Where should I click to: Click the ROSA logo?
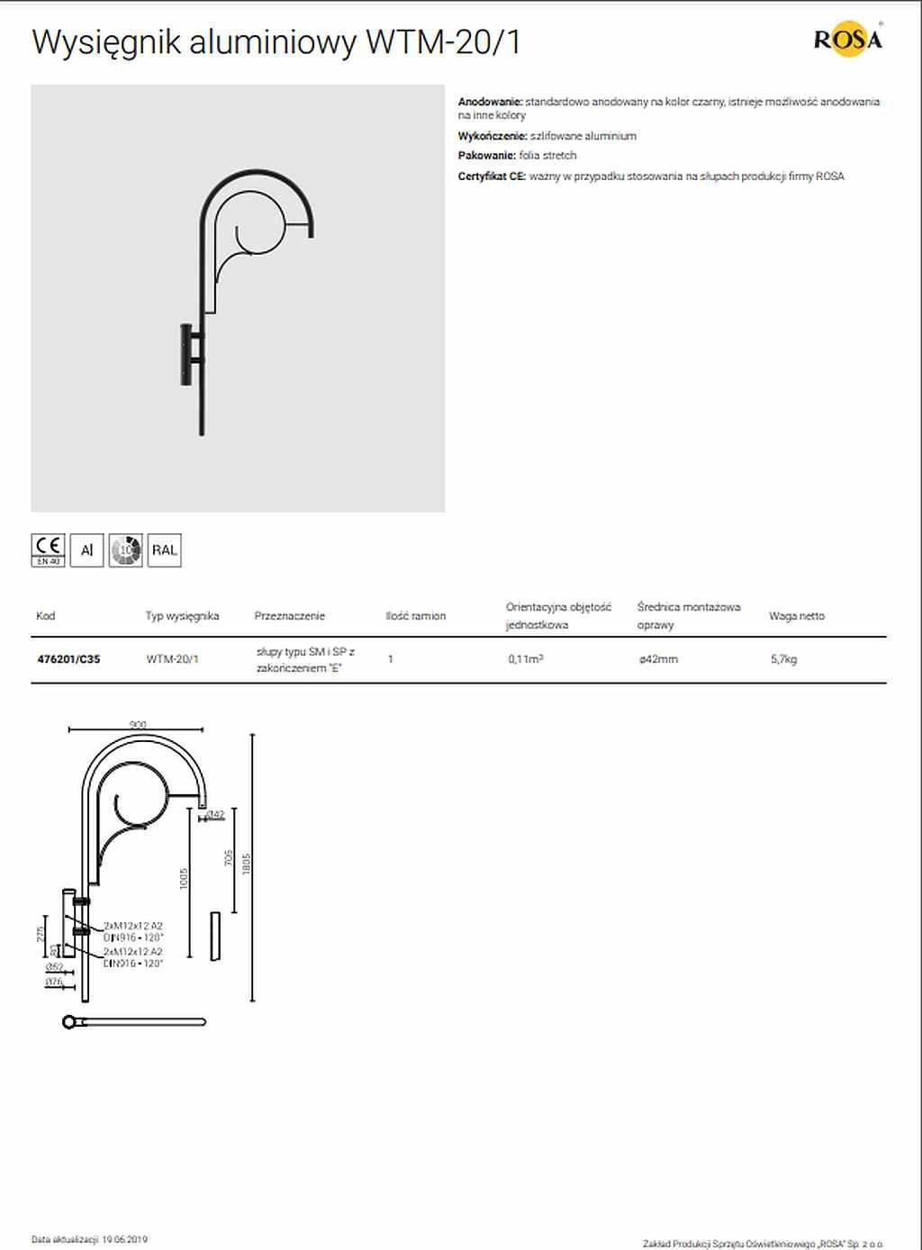(847, 40)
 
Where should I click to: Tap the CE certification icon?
(49, 549)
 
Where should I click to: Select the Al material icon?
(87, 549)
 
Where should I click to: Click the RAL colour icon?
(164, 549)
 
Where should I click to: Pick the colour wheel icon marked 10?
(126, 549)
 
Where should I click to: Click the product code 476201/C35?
(68, 659)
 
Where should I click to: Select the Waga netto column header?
(796, 616)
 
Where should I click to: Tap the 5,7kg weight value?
(783, 659)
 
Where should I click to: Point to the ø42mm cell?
(658, 659)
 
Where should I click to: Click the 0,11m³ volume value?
(525, 659)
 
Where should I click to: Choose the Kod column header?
(46, 616)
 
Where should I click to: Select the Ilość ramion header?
(415, 616)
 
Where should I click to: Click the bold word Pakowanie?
(487, 156)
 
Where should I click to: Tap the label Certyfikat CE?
(492, 177)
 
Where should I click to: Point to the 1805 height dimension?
(247, 864)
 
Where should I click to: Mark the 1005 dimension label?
(185, 879)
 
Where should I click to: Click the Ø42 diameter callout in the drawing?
(215, 815)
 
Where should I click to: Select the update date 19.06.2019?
(124, 1240)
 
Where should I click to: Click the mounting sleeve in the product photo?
(186, 354)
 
